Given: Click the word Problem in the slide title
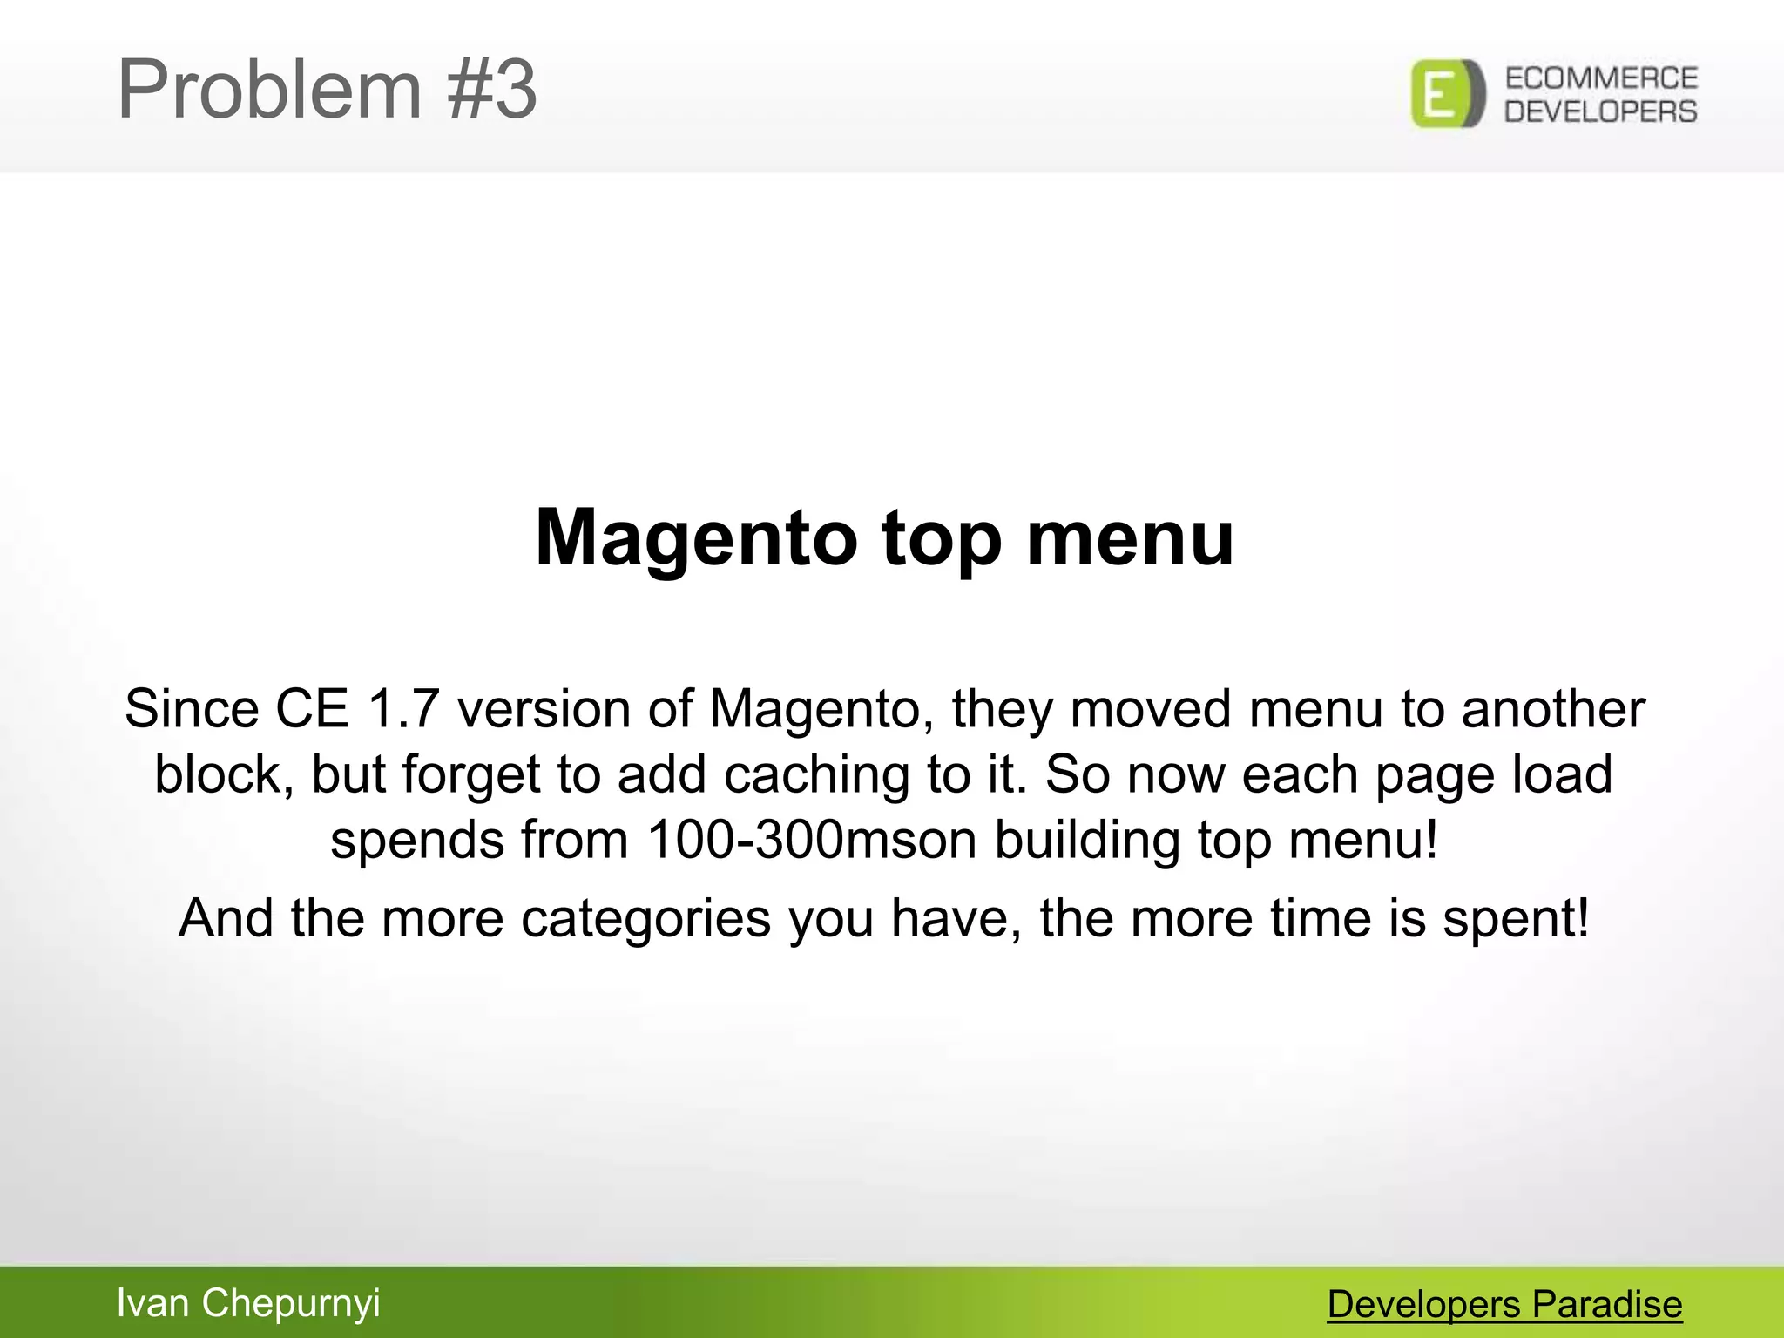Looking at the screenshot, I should tap(269, 91).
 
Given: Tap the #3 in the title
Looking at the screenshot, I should tap(492, 91).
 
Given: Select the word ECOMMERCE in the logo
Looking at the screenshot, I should tap(1601, 78).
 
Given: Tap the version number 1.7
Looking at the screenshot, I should tap(402, 709).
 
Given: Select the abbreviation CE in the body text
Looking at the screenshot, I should tap(312, 709).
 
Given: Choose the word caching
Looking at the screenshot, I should tap(816, 774).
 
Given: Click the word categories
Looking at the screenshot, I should tap(645, 918).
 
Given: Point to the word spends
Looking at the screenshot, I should tap(417, 840).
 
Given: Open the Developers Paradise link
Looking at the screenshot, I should tap(1504, 1305).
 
